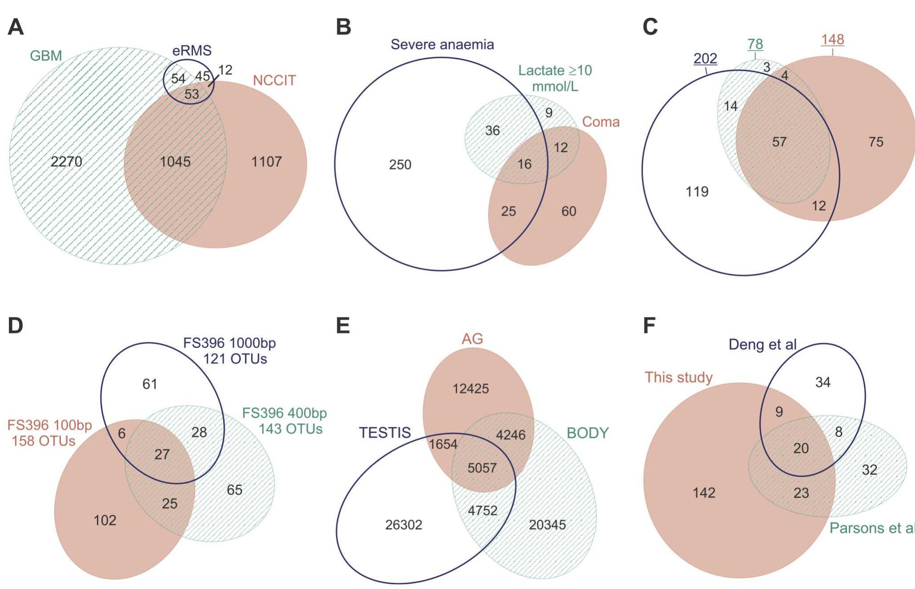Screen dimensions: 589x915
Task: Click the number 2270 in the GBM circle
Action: click(66, 162)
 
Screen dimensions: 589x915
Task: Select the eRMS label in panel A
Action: click(192, 51)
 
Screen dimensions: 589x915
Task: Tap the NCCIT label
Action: click(274, 80)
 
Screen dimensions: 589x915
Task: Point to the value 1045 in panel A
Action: click(175, 162)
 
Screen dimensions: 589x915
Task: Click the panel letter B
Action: click(344, 27)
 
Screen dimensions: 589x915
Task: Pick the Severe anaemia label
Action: click(442, 44)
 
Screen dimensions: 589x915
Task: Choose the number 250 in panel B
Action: click(400, 165)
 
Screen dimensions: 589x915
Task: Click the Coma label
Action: click(600, 122)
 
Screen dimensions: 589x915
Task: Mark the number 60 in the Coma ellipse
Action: click(569, 211)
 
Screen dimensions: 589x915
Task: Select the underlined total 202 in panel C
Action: click(705, 59)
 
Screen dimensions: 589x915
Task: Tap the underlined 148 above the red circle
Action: click(832, 40)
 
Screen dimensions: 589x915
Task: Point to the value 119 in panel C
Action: click(697, 192)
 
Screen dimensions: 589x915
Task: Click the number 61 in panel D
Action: click(150, 384)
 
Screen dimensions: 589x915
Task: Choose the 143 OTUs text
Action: click(291, 429)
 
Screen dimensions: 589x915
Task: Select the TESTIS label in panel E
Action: click(385, 433)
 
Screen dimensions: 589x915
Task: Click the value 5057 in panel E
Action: click(482, 468)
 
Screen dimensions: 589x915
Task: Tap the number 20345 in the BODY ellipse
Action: click(547, 525)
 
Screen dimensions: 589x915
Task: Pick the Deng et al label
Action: click(762, 345)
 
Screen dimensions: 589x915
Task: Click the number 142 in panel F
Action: click(704, 493)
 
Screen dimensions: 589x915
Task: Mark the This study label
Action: click(678, 377)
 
